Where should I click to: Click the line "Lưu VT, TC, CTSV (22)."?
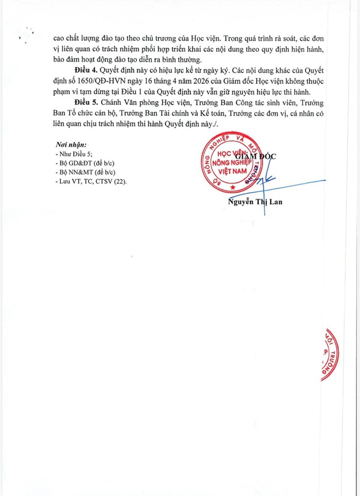(91, 181)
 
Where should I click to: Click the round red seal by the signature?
(231, 165)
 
